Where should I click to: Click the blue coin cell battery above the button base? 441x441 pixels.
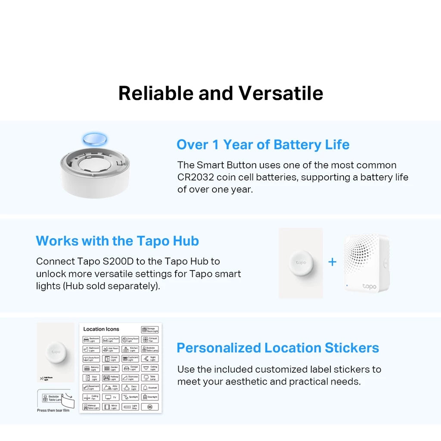point(95,139)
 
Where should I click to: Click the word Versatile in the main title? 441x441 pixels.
point(281,93)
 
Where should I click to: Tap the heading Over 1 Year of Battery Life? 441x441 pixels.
point(263,145)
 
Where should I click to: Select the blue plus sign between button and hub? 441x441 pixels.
point(332,262)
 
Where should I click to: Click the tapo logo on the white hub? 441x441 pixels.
point(369,286)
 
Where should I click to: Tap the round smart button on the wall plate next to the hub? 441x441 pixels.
point(301,262)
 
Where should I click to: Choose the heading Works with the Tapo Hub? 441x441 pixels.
point(117,241)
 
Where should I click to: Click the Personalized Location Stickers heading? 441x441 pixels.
point(278,348)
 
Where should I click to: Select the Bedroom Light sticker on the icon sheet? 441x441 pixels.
point(91,340)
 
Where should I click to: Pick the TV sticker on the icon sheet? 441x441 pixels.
point(111,397)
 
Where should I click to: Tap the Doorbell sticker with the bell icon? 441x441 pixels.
point(150,388)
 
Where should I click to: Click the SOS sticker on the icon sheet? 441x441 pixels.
point(150,407)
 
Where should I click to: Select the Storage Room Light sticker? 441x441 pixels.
point(150,330)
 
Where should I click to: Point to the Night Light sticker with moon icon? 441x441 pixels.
point(150,359)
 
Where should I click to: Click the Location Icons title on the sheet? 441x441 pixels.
point(101,329)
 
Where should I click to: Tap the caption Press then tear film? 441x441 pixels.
point(53,410)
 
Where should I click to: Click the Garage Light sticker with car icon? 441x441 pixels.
point(130,368)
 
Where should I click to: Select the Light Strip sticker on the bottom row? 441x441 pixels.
point(130,407)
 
